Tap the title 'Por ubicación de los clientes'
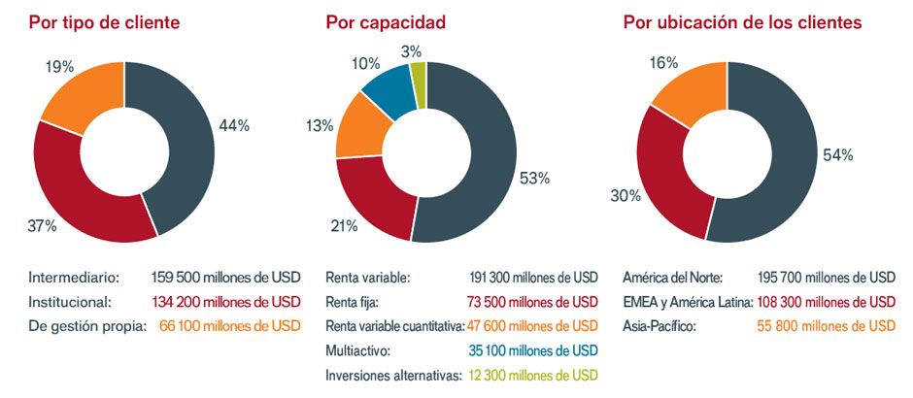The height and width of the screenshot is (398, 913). [x=742, y=21]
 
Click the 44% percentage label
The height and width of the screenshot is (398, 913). [x=235, y=125]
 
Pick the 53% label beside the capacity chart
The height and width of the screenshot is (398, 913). [x=534, y=179]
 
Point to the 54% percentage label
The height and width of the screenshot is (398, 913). [x=838, y=155]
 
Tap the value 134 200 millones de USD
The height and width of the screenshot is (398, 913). [x=226, y=301]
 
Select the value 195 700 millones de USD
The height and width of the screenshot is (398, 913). [x=827, y=277]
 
